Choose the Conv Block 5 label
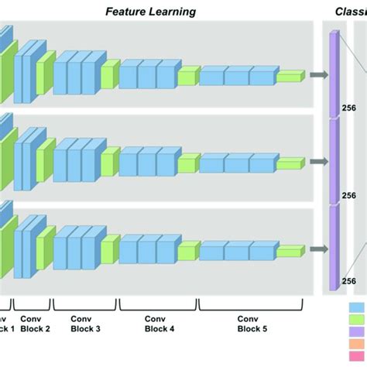248,323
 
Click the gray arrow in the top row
317,75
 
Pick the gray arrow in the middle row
317,162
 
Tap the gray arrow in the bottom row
317,249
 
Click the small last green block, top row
290,76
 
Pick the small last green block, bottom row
290,250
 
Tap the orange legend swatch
358,345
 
